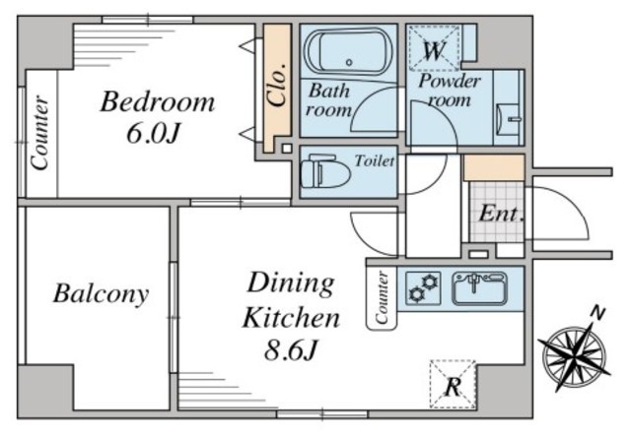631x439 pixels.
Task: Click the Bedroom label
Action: [158, 102]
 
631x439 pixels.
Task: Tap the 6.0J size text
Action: [153, 134]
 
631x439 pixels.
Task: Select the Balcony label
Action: [101, 294]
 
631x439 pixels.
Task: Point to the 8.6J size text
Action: [291, 349]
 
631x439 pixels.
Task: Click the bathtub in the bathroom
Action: [348, 51]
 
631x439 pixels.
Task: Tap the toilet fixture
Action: [325, 171]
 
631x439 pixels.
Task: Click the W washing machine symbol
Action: [434, 48]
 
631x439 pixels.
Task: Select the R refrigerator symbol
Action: [453, 385]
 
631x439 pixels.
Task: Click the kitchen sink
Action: [480, 288]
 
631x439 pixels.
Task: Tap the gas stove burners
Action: [423, 288]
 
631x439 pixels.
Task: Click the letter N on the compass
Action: [598, 313]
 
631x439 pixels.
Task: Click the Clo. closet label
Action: [278, 85]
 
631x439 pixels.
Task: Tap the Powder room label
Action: [450, 91]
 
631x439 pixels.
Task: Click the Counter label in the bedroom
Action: [40, 133]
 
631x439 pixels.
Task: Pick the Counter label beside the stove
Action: [382, 297]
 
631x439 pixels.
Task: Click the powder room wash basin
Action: [509, 120]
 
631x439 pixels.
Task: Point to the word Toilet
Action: [375, 161]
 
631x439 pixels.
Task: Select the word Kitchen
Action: [291, 318]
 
